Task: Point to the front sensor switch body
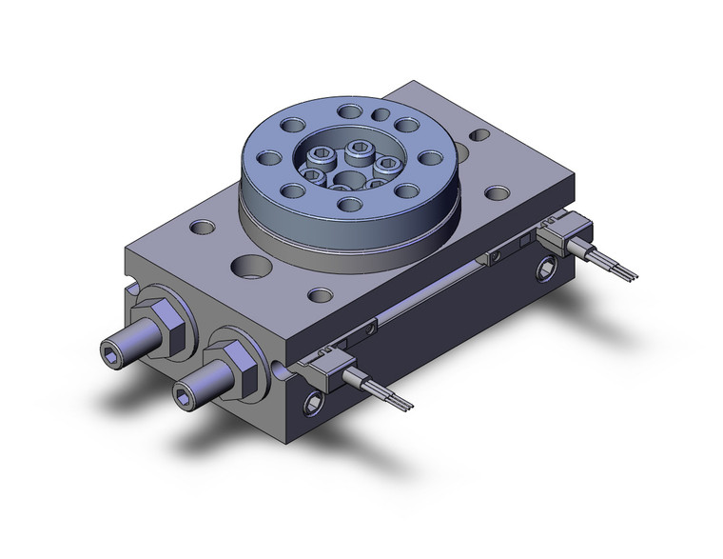click(328, 362)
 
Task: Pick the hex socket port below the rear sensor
click(549, 272)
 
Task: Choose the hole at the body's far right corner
click(495, 193)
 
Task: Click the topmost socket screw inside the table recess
click(360, 148)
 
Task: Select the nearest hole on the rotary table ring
click(349, 204)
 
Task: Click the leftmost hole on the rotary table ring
click(269, 158)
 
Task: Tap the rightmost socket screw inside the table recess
click(386, 164)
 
